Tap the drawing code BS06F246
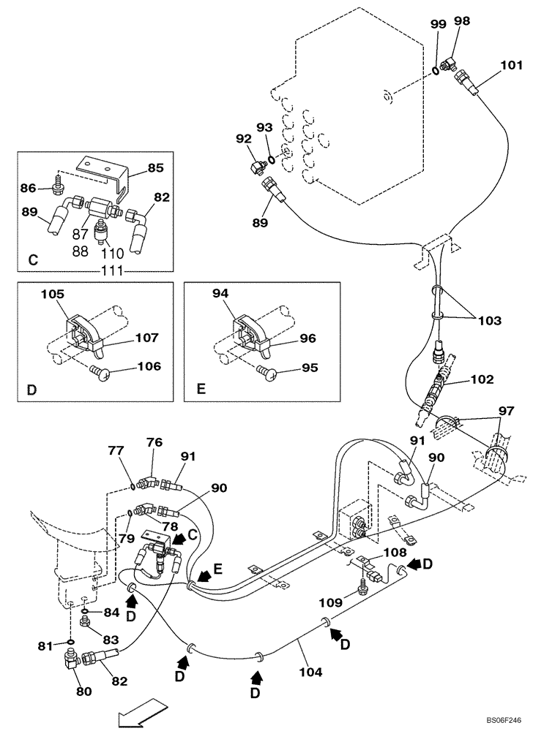click(500, 719)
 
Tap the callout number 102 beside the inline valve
click(481, 379)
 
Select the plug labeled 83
click(85, 622)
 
